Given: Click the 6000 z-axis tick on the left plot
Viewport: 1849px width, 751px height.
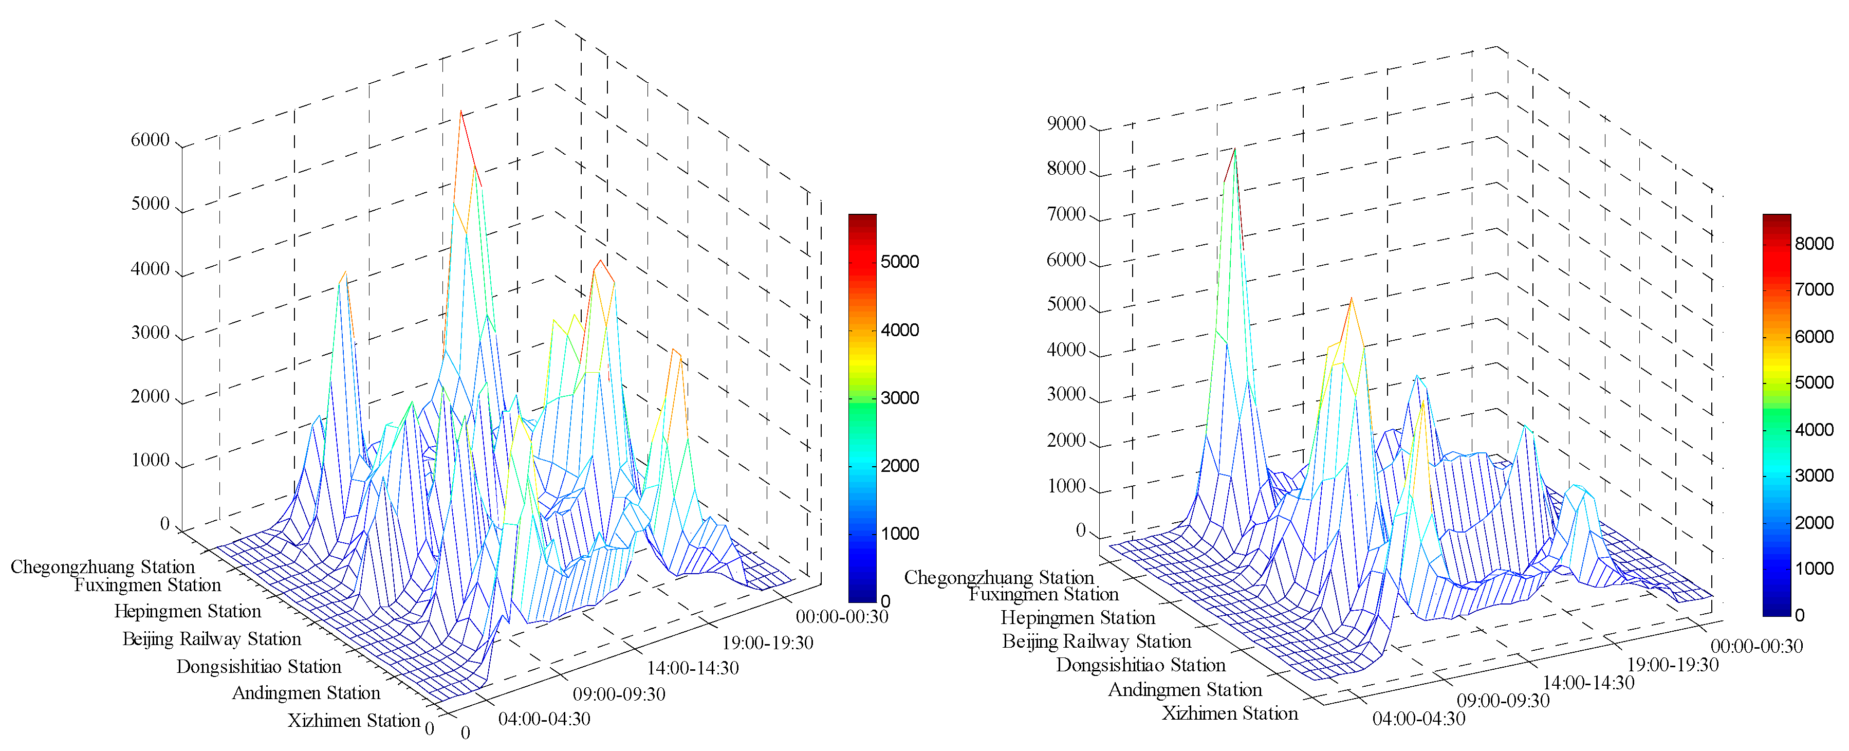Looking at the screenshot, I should [150, 139].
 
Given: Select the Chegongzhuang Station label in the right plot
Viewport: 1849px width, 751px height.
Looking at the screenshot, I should [999, 577].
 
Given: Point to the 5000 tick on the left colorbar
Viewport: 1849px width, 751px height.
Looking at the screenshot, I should [899, 261].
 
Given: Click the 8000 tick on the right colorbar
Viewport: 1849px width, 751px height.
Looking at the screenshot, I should [1814, 243].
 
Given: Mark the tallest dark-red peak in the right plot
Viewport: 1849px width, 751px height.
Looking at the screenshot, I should [1234, 149].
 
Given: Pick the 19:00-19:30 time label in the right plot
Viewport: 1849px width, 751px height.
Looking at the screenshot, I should [1672, 665].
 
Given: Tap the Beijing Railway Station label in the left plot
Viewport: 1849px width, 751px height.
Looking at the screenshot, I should [212, 639].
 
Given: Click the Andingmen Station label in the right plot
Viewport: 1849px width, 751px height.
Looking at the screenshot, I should [1185, 690].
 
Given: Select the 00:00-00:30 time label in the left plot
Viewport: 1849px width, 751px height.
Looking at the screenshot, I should [841, 617].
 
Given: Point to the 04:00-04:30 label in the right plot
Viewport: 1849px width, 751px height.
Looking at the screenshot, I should [1418, 719].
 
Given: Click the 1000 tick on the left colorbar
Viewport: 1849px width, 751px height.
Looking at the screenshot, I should [899, 534].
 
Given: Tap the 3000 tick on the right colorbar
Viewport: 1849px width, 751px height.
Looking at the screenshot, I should [1814, 475].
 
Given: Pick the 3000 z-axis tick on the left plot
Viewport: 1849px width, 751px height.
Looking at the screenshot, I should [150, 333].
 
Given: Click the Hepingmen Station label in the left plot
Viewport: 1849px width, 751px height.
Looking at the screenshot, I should [188, 611].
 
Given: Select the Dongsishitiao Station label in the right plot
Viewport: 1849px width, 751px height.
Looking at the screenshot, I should [1140, 665].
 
